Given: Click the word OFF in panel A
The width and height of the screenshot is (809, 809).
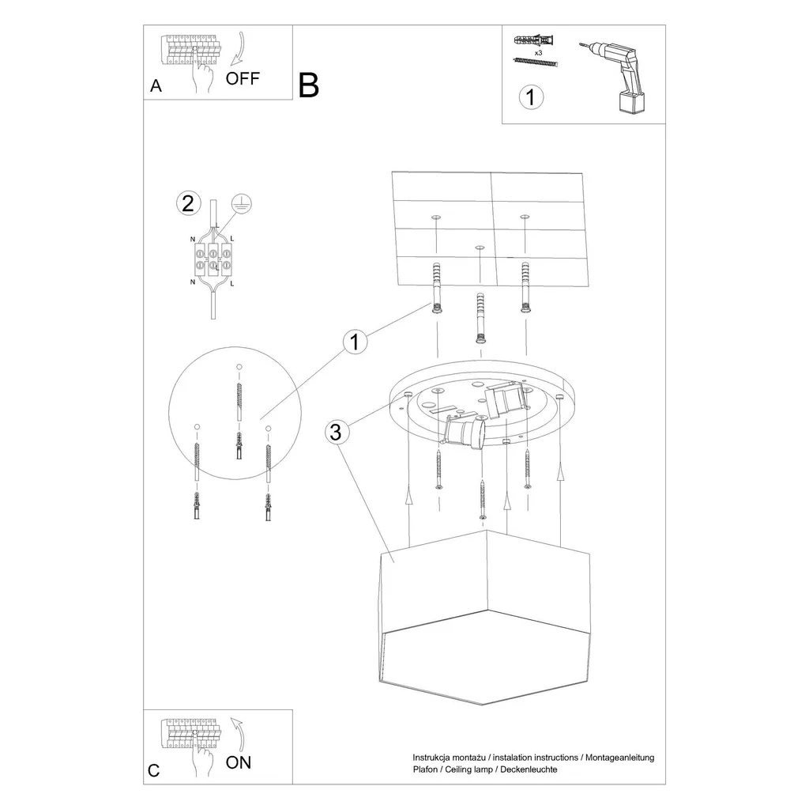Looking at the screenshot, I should pyautogui.click(x=243, y=78).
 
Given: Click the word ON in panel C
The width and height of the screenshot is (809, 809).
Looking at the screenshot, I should pyautogui.click(x=239, y=762).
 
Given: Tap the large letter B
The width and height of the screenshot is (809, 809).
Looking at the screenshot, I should pyautogui.click(x=309, y=85).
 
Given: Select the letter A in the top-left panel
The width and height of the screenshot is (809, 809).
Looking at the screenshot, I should pyautogui.click(x=156, y=87).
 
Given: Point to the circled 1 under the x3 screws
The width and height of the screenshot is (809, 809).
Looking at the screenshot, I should pyautogui.click(x=531, y=97).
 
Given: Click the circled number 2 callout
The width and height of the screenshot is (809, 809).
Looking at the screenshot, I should pyautogui.click(x=187, y=203).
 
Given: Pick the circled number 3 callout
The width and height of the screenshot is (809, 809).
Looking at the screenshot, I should pyautogui.click(x=337, y=433).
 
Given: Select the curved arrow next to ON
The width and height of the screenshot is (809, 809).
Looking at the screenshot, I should pyautogui.click(x=238, y=732).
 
